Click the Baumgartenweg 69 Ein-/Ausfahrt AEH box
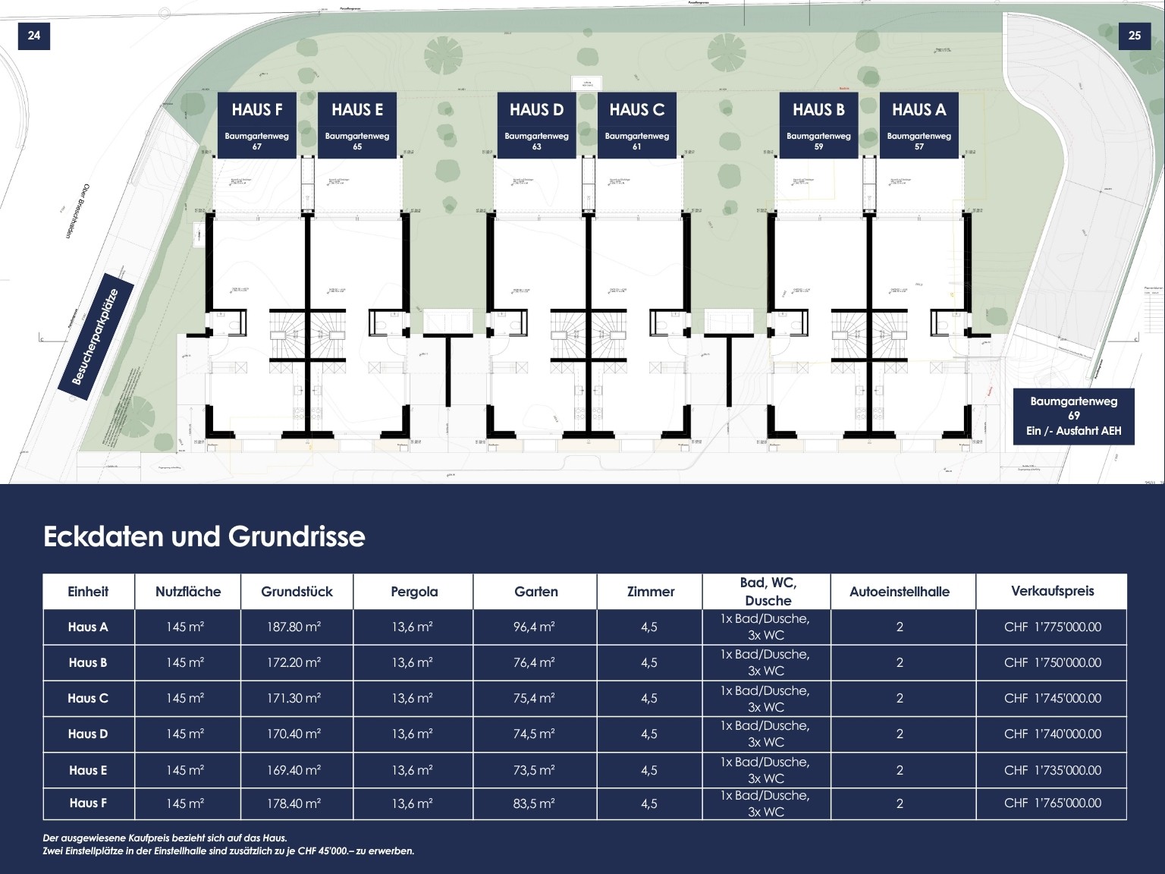coord(1073,416)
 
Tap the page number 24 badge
coord(34,35)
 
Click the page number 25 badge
coord(1134,35)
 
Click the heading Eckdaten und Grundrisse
coord(204,536)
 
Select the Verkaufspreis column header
coord(1052,591)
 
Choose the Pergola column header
coord(414,592)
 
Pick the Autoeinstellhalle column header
coord(899,592)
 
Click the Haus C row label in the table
coord(88,698)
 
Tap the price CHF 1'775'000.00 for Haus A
coord(1052,627)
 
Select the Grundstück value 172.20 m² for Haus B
coord(294,662)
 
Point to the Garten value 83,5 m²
coord(534,803)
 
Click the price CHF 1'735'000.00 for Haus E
coord(1052,770)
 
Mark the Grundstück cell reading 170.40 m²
coord(294,734)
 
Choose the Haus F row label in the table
coord(88,803)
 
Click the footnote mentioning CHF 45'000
coord(228,850)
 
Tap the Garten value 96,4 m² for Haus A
coord(534,627)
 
